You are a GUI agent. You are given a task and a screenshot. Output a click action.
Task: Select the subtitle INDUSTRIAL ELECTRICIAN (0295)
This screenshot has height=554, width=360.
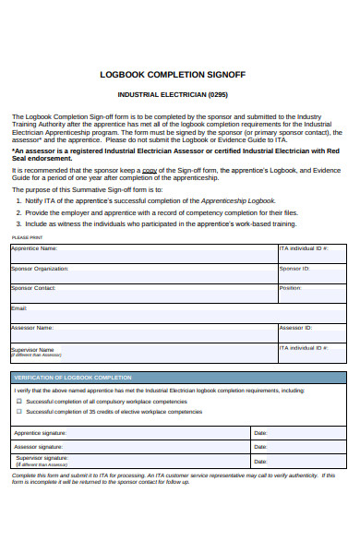click(x=179, y=95)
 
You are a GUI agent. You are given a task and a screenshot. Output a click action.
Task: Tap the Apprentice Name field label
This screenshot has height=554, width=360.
click(x=34, y=248)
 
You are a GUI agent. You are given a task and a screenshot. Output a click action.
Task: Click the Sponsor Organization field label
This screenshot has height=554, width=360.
click(x=41, y=269)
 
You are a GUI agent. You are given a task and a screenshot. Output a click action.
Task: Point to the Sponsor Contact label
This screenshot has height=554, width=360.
click(x=34, y=288)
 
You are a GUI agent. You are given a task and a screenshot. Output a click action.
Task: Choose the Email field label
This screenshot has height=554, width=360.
click(x=19, y=308)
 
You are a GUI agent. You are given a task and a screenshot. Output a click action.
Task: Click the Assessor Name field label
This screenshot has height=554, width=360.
click(x=32, y=328)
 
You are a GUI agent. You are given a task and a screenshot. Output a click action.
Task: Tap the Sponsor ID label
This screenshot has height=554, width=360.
click(x=294, y=269)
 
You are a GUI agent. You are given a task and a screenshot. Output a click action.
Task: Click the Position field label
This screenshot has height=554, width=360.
click(x=290, y=288)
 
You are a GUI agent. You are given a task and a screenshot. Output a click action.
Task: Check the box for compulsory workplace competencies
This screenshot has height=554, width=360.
click(x=18, y=402)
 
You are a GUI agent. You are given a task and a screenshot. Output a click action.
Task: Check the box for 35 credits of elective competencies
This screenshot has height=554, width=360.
click(x=18, y=412)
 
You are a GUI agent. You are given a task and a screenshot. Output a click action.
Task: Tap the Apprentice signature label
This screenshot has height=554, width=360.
click(x=41, y=432)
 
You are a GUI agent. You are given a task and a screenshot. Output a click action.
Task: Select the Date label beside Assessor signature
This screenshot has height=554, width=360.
click(x=260, y=447)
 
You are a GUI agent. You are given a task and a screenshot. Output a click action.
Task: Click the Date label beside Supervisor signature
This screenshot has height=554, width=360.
click(x=260, y=461)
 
